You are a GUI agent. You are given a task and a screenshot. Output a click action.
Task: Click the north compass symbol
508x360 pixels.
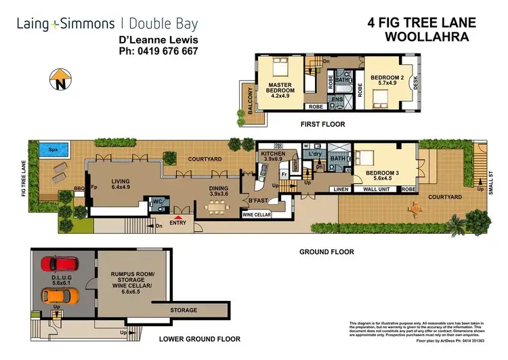(x=59, y=79)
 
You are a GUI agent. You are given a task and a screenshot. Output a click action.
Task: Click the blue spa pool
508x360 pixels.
(x=47, y=149)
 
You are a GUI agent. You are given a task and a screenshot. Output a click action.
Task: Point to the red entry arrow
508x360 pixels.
(x=178, y=216)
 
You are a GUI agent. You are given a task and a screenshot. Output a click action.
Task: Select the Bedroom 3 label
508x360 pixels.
(x=383, y=176)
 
